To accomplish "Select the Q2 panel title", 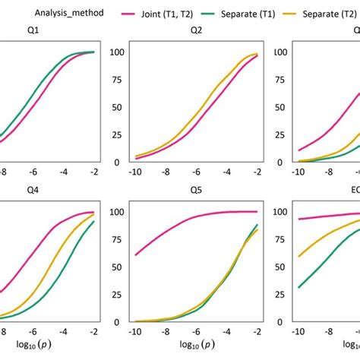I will (196, 30).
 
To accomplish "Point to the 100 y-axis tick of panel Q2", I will (118, 52).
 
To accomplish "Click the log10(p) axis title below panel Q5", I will (195, 349).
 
